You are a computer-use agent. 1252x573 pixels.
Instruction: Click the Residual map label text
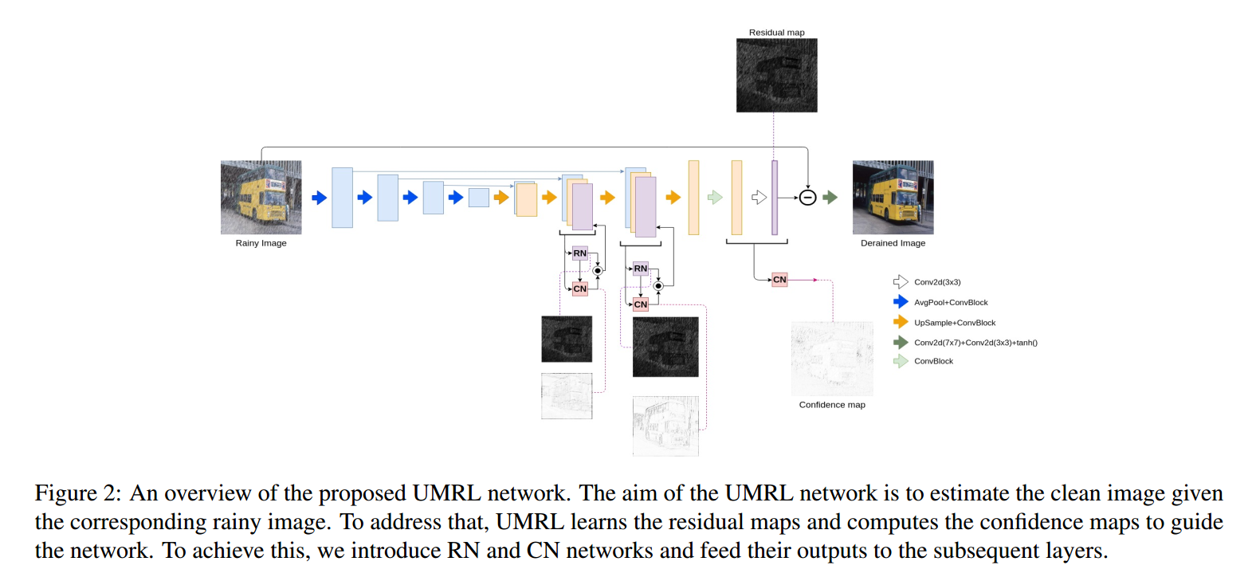coord(776,33)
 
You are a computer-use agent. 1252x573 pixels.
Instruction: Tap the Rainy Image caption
coord(261,243)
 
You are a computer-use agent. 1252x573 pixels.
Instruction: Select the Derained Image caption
coord(893,243)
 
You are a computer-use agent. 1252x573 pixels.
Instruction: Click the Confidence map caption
coord(832,405)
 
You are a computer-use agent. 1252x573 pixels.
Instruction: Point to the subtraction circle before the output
coord(807,198)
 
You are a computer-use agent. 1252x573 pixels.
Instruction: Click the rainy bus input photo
coord(261,198)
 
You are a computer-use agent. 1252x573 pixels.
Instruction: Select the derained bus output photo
coord(893,198)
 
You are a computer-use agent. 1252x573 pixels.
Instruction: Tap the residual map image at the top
coord(776,76)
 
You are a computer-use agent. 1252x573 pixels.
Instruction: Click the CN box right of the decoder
coord(779,280)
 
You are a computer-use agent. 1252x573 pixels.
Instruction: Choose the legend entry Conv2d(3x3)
coord(937,282)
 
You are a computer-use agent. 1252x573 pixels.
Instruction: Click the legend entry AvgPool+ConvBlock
coord(951,303)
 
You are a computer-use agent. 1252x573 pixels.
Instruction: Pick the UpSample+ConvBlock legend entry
coord(955,323)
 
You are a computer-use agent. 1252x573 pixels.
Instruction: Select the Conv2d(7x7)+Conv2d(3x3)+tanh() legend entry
coord(975,343)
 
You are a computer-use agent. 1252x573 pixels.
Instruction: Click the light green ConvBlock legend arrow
coord(901,361)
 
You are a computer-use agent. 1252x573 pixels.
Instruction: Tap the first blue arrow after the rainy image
coord(319,198)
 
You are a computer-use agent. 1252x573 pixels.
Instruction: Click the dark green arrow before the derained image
coord(830,198)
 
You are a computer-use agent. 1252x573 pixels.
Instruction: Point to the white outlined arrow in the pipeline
coord(759,198)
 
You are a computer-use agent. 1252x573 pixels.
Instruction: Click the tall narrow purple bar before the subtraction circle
coord(774,198)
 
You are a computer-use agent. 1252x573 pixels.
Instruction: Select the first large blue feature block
coord(342,198)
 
